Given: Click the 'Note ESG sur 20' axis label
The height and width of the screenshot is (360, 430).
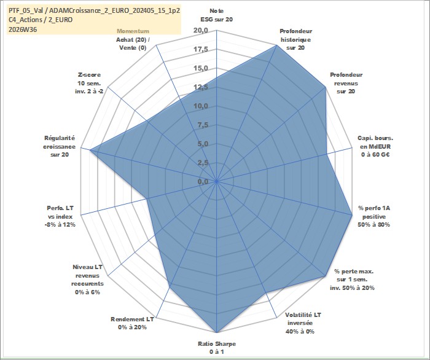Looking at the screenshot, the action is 217,15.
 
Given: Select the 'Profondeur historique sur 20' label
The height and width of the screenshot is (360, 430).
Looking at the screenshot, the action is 295,39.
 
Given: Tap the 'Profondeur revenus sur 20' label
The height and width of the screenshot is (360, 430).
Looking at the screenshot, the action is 346,83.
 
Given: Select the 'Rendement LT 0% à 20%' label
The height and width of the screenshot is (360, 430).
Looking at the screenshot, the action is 132,323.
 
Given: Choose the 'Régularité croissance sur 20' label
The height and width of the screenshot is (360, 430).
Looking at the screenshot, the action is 59,146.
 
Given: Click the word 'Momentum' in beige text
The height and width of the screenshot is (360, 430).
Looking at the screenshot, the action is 133,31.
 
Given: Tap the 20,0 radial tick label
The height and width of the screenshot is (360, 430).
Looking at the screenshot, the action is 201,31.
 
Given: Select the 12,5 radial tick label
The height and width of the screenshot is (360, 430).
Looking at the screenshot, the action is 201,87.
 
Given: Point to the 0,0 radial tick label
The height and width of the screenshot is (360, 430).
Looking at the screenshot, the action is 203,181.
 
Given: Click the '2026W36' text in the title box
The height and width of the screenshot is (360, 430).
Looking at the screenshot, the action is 23,29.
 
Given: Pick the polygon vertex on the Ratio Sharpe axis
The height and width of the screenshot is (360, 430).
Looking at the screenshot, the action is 217,332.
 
